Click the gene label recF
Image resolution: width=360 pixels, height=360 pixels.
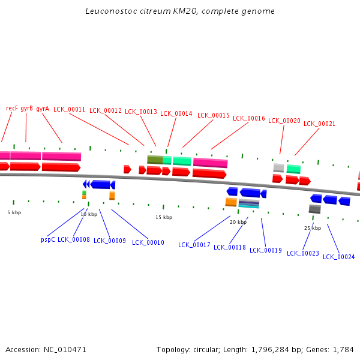coord(12,108)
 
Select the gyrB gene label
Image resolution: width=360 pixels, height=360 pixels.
coord(26,109)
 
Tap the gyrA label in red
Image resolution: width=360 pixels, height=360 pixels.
coord(43,109)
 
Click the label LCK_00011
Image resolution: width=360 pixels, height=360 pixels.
coord(70,110)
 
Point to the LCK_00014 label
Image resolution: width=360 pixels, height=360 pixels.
coord(176,113)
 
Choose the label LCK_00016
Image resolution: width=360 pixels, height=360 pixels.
coord(249,118)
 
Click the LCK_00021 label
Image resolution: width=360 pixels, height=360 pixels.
coord(319,124)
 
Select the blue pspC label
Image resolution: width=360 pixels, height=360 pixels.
coord(48,240)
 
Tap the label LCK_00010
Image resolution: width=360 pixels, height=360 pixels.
coord(148,242)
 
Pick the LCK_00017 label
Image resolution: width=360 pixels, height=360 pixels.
coord(194,245)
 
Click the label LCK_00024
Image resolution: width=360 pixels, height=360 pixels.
coord(338,257)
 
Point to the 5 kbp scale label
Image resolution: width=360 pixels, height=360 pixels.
coord(14,212)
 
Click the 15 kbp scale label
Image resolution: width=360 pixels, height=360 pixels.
coord(164,217)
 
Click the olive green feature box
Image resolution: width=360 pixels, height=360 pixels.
coord(155,160)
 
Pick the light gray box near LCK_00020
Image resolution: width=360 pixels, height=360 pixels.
coord(279,167)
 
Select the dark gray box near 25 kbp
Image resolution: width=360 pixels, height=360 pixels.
coord(315,209)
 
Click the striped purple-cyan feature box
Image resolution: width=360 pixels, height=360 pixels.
coord(249,203)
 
